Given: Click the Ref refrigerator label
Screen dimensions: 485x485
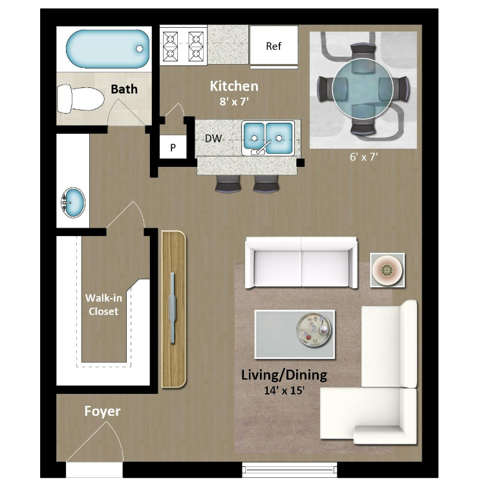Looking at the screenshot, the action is coord(274,46).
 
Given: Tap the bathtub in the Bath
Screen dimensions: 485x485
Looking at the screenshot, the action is coord(107,49).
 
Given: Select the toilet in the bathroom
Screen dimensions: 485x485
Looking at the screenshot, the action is coord(81,99).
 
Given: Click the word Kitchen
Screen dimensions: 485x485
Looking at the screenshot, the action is coord(234,86).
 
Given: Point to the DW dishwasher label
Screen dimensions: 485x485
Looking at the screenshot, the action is coord(213,138).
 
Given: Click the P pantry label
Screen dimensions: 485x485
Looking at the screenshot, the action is coord(173,148).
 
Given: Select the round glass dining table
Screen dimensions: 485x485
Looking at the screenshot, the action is coord(363,89).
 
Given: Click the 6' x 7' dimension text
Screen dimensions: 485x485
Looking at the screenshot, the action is coord(363,157).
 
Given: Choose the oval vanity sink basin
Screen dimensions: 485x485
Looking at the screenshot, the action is coord(73,202).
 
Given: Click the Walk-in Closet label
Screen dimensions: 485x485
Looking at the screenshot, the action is coord(103,305).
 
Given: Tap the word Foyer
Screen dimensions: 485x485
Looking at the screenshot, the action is coord(102,411).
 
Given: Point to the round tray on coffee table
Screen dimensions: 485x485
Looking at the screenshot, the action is coord(314,330).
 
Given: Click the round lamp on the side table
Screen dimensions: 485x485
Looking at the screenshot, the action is coord(387,270).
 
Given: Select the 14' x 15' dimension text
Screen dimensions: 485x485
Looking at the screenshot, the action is coord(285,391).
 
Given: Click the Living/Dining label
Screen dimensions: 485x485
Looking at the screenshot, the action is coord(284,375).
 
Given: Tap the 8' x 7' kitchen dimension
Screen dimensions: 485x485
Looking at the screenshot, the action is coord(234,102).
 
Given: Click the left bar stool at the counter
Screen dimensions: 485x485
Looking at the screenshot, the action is coord(228,184).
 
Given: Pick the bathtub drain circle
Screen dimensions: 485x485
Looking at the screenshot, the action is coord(140,49).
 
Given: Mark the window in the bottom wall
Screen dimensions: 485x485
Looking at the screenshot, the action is coord(289,470).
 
